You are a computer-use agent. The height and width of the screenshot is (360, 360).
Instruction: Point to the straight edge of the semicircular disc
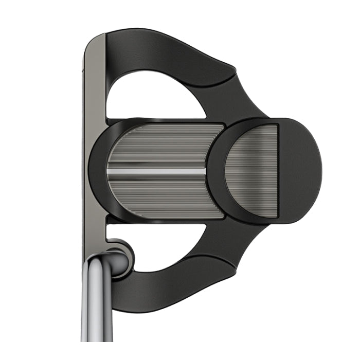coord(278,169)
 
